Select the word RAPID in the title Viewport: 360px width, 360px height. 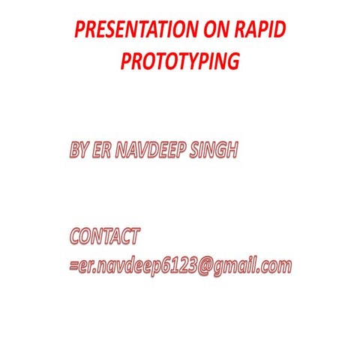click(x=263, y=31)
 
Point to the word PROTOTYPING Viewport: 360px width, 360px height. click(x=180, y=61)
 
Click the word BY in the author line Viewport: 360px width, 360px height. click(x=78, y=150)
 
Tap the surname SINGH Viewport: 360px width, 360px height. click(x=217, y=150)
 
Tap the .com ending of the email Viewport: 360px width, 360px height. click(x=273, y=266)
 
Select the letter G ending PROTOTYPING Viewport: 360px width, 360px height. click(x=232, y=61)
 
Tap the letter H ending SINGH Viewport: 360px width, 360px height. click(x=232, y=150)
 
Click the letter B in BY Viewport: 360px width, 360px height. click(x=73, y=150)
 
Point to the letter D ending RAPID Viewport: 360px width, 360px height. click(x=280, y=31)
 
